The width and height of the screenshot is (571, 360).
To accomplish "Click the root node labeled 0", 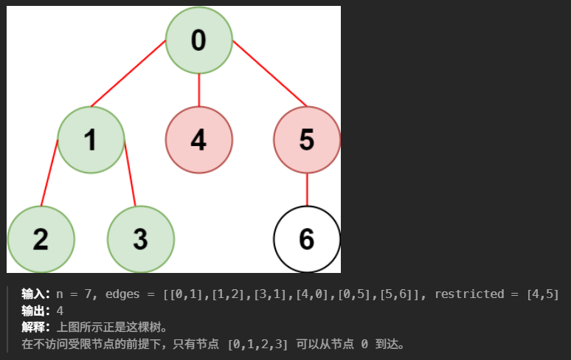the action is (x=198, y=40).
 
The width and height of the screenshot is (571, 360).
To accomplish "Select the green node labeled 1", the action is (x=91, y=139).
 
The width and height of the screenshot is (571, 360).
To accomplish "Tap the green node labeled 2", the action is (x=41, y=239).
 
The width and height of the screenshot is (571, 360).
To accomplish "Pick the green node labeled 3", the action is (x=140, y=239).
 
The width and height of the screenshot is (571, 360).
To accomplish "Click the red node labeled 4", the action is (x=198, y=139).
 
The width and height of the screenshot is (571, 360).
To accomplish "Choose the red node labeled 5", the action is (x=307, y=139).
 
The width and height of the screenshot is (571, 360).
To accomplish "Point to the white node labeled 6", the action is (x=307, y=239).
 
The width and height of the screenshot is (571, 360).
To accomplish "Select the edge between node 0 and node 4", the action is (x=198, y=89).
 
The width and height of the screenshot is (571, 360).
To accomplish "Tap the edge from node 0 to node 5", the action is (x=269, y=74).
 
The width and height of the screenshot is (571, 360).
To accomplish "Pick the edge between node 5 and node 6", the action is (x=307, y=190).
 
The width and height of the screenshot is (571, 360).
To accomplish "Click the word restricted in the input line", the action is (x=469, y=294).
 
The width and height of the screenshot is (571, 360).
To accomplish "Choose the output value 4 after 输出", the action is (x=60, y=311).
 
